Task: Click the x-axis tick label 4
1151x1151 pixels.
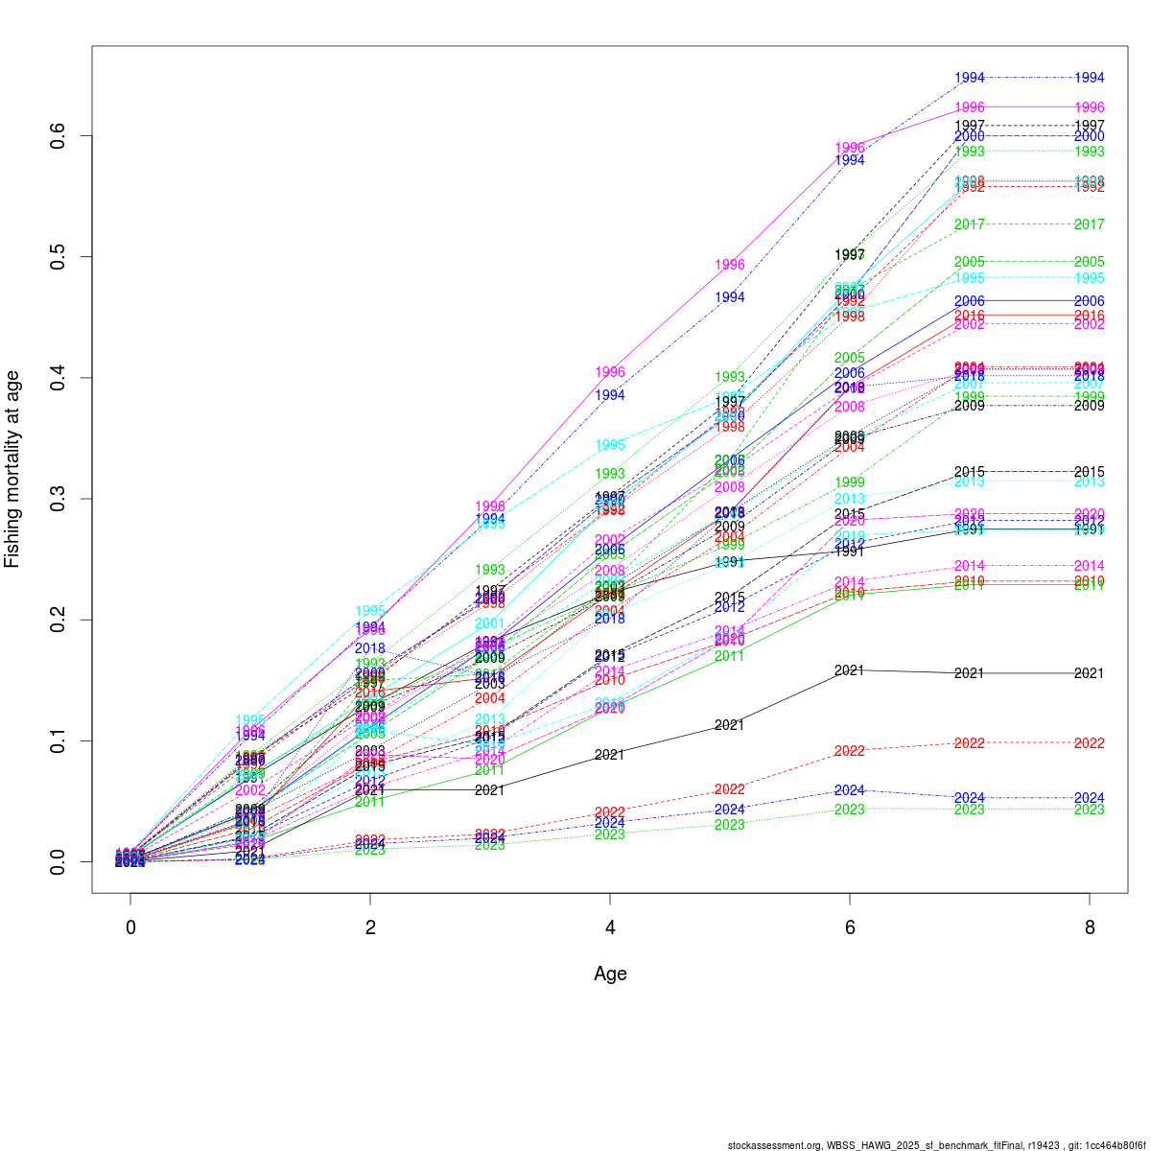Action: pyautogui.click(x=610, y=928)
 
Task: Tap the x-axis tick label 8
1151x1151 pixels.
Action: pyautogui.click(x=1090, y=928)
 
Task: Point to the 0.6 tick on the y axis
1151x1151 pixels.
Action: pyautogui.click(x=59, y=136)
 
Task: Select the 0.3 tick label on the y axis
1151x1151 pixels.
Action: pyautogui.click(x=59, y=499)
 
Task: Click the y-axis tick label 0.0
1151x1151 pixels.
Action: pyautogui.click(x=59, y=861)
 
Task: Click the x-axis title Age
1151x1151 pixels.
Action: pyautogui.click(x=610, y=974)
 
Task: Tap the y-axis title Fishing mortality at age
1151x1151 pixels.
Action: pyautogui.click(x=12, y=470)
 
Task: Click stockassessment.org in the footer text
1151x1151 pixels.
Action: pyautogui.click(x=775, y=1145)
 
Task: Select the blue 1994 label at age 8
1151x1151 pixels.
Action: pyautogui.click(x=1090, y=78)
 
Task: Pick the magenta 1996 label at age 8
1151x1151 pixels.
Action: pyautogui.click(x=1090, y=107)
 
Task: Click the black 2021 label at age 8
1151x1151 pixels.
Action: pyautogui.click(x=1090, y=673)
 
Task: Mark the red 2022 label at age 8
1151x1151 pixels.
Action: pyautogui.click(x=1090, y=743)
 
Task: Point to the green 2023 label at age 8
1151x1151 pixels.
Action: pyautogui.click(x=1090, y=810)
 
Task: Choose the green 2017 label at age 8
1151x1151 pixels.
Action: pyautogui.click(x=1090, y=224)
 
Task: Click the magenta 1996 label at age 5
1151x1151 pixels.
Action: pyautogui.click(x=730, y=265)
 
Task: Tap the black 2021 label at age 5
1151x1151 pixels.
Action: pyautogui.click(x=730, y=725)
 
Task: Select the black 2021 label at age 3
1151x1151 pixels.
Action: pyautogui.click(x=490, y=790)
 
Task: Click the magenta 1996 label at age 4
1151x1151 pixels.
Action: pyautogui.click(x=610, y=372)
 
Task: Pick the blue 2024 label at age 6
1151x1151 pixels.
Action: pyautogui.click(x=850, y=790)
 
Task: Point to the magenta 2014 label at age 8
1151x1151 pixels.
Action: pyautogui.click(x=1090, y=566)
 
